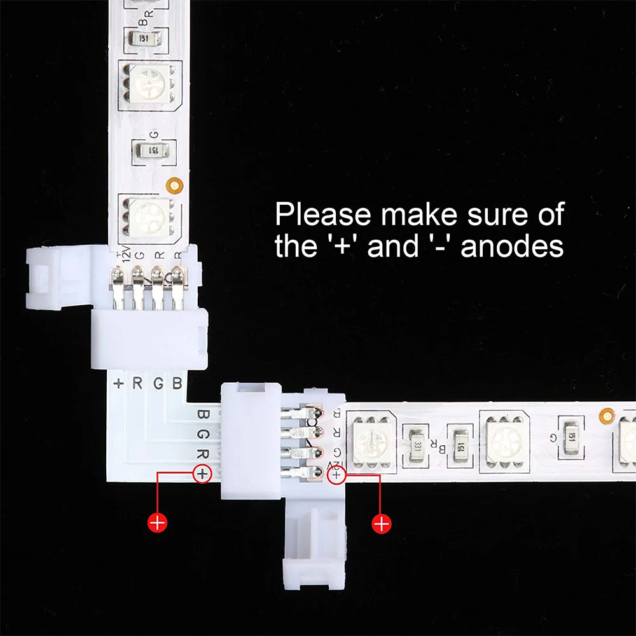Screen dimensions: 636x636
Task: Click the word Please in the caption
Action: tap(322, 216)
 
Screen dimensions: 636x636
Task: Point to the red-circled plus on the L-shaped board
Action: tap(202, 473)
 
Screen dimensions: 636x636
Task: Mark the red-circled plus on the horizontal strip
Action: tap(336, 474)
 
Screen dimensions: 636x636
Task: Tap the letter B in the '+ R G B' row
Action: tap(177, 383)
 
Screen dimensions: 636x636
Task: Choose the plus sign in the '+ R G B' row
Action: tap(119, 383)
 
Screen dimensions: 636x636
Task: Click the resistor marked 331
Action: tap(417, 438)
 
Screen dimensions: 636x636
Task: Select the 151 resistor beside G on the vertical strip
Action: tap(153, 150)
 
